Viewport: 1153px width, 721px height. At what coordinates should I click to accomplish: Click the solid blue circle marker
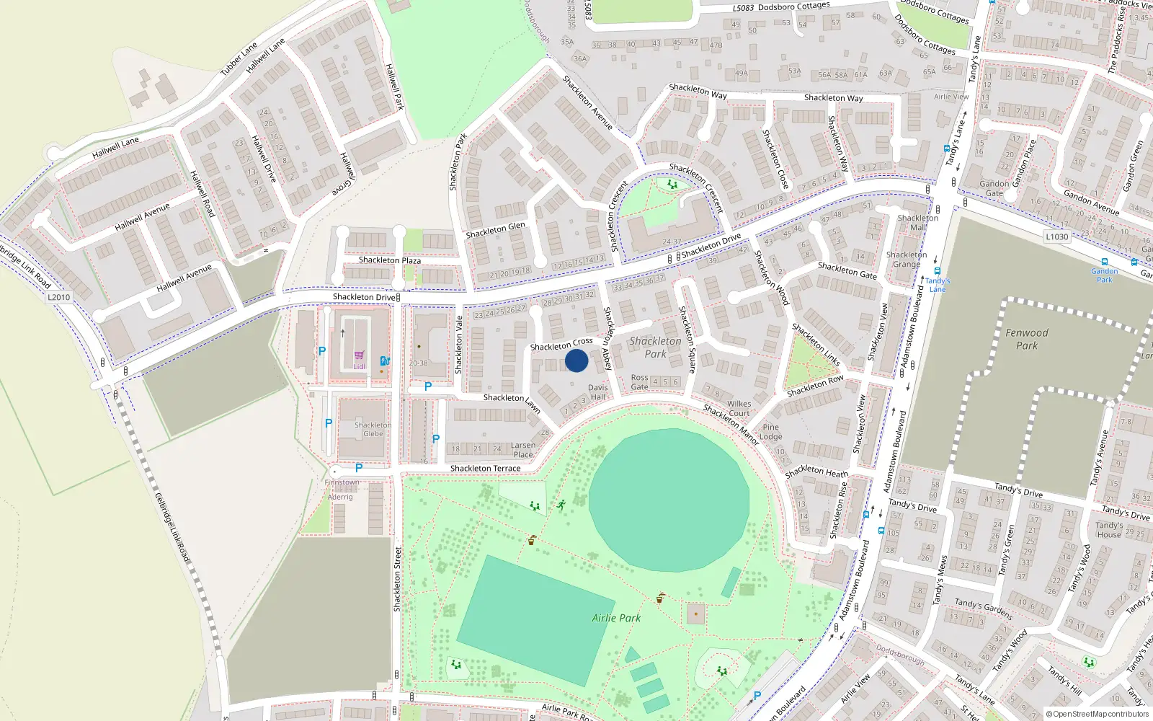click(576, 360)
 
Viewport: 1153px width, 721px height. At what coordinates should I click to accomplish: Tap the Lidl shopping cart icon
click(359, 355)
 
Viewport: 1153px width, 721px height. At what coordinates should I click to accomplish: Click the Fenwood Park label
click(1027, 339)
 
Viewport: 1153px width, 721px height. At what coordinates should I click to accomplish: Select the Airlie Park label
click(616, 618)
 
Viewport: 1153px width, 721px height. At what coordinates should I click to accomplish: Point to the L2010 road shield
click(59, 297)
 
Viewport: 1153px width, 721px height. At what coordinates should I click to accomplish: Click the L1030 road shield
click(1057, 236)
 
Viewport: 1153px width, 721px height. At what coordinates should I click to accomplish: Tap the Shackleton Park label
click(655, 347)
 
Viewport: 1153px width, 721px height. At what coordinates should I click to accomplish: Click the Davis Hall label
click(597, 392)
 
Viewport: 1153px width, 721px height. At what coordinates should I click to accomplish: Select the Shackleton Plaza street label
click(390, 260)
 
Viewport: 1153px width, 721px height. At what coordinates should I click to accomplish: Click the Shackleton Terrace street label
click(485, 469)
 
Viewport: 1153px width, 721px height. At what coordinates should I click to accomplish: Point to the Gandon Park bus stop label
click(1104, 275)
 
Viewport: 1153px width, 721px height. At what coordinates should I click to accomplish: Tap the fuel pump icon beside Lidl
click(385, 360)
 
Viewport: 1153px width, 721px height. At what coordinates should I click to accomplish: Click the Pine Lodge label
click(770, 432)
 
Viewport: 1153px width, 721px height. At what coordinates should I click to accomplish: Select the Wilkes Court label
click(739, 408)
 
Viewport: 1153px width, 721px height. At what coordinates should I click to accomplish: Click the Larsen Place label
click(523, 450)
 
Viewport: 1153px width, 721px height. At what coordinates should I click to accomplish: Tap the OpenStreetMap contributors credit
click(1098, 714)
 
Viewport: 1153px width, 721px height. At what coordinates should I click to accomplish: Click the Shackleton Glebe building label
click(373, 429)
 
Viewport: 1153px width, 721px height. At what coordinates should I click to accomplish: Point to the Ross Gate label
click(639, 382)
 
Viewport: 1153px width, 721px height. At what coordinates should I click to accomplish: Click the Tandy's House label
click(1109, 530)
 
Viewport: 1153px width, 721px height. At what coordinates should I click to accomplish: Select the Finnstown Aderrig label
click(342, 490)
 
